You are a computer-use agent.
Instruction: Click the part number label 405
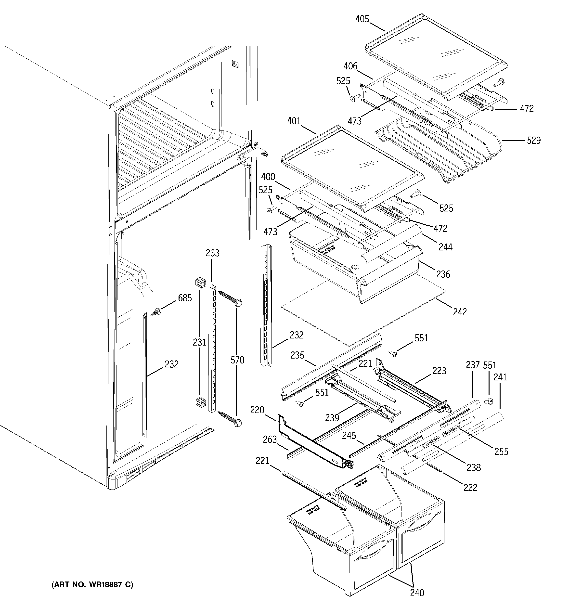[x=362, y=19]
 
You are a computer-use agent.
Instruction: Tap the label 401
[x=294, y=121]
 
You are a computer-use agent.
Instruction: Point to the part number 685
[x=185, y=298]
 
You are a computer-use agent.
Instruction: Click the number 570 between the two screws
[x=237, y=360]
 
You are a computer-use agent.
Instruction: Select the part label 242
[x=460, y=312]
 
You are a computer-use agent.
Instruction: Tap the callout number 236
[x=443, y=274]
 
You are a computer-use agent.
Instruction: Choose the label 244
[x=445, y=247]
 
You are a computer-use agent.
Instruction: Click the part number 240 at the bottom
[x=417, y=601]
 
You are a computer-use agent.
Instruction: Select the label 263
[x=270, y=440]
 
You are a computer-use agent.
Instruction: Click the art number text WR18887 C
[x=92, y=585]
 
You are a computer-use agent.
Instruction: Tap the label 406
[x=350, y=66]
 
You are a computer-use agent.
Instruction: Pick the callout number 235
[x=297, y=355]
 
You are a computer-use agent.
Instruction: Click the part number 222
[x=470, y=488]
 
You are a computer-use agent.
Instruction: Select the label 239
[x=332, y=418]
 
